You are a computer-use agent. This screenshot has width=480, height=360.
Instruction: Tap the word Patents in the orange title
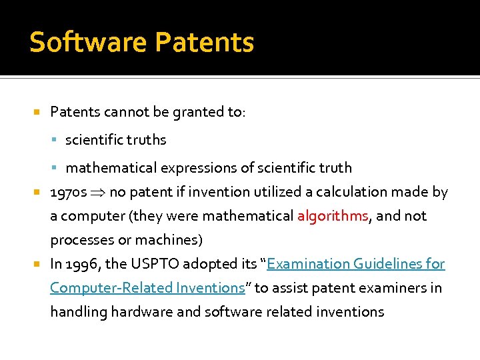(x=205, y=42)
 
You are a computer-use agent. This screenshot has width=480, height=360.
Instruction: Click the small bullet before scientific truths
(x=57, y=140)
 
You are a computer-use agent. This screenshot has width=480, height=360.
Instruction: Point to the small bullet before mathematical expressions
(x=57, y=168)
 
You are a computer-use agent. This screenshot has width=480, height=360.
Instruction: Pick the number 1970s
(x=69, y=193)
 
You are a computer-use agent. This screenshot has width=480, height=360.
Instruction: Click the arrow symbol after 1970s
(x=99, y=193)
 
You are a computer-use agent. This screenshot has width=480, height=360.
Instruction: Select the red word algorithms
(x=332, y=216)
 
